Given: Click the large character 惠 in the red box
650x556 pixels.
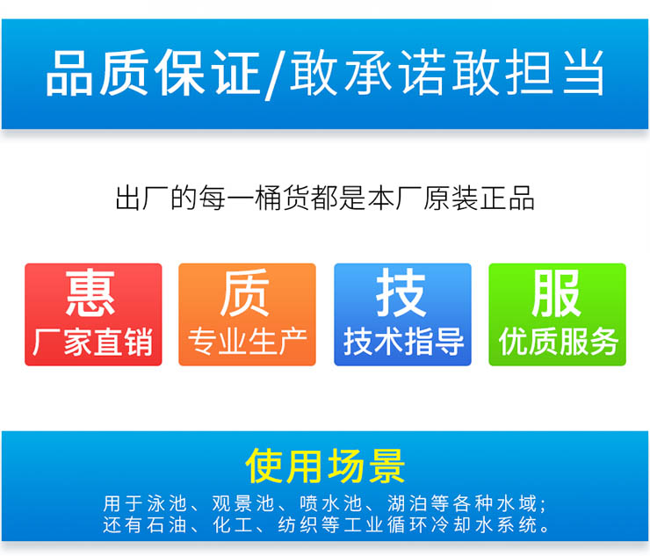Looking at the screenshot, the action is pyautogui.click(x=90, y=292).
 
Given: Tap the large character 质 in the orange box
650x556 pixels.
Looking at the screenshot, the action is pyautogui.click(x=245, y=292).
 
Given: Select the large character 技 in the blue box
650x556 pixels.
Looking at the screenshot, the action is pyautogui.click(x=401, y=292).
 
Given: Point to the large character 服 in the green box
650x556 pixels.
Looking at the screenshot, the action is pyautogui.click(x=556, y=292).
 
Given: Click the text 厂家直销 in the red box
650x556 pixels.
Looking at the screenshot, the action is pyautogui.click(x=93, y=342).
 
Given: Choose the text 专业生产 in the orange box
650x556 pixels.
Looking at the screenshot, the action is pyautogui.click(x=248, y=342).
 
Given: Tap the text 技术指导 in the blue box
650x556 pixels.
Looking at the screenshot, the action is pyautogui.click(x=403, y=342).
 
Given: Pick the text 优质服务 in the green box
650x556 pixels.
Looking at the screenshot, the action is pyautogui.click(x=558, y=342).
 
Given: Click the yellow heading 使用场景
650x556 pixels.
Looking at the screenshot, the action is pyautogui.click(x=325, y=466).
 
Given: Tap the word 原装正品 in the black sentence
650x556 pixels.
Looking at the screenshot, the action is pyautogui.click(x=479, y=199).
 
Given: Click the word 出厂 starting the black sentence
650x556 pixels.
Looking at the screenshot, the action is pyautogui.click(x=142, y=199).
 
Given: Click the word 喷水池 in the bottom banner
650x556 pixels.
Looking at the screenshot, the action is pyautogui.click(x=331, y=503).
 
